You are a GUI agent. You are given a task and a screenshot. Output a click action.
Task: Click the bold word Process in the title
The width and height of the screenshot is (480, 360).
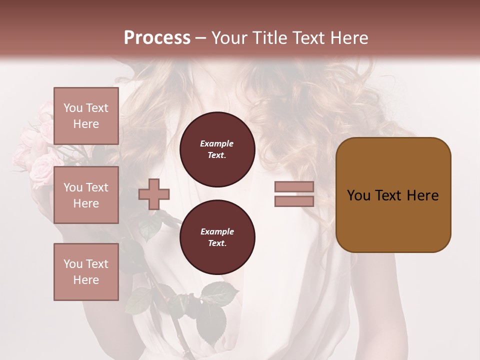157,38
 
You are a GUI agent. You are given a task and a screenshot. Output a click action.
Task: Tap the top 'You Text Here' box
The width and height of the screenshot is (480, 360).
86,116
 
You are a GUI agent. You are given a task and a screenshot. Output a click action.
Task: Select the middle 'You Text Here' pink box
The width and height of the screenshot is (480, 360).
86,195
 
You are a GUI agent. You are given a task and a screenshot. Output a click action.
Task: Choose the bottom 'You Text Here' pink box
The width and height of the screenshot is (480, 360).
86,272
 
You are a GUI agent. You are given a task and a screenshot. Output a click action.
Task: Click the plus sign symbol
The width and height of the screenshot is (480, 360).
154,194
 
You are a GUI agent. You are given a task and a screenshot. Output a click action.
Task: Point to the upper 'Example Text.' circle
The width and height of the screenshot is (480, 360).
217,149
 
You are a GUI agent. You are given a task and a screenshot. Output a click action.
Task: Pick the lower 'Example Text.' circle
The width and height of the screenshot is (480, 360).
217,237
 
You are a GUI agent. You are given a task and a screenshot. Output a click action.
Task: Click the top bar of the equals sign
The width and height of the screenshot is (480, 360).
294,187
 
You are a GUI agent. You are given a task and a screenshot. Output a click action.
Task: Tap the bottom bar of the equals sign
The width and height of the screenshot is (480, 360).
294,201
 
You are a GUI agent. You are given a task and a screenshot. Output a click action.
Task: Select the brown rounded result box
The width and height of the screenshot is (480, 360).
393,195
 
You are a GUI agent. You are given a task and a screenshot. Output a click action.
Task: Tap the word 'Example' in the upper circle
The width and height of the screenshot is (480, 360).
217,144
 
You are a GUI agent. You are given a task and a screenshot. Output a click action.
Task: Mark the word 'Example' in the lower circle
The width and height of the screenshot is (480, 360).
217,232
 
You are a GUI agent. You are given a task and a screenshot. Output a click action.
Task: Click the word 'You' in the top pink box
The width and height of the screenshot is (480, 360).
73,108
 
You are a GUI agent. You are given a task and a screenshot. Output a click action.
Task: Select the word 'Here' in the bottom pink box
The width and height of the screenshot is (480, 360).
86,280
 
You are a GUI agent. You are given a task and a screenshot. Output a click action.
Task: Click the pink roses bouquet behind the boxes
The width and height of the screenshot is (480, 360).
35,150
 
